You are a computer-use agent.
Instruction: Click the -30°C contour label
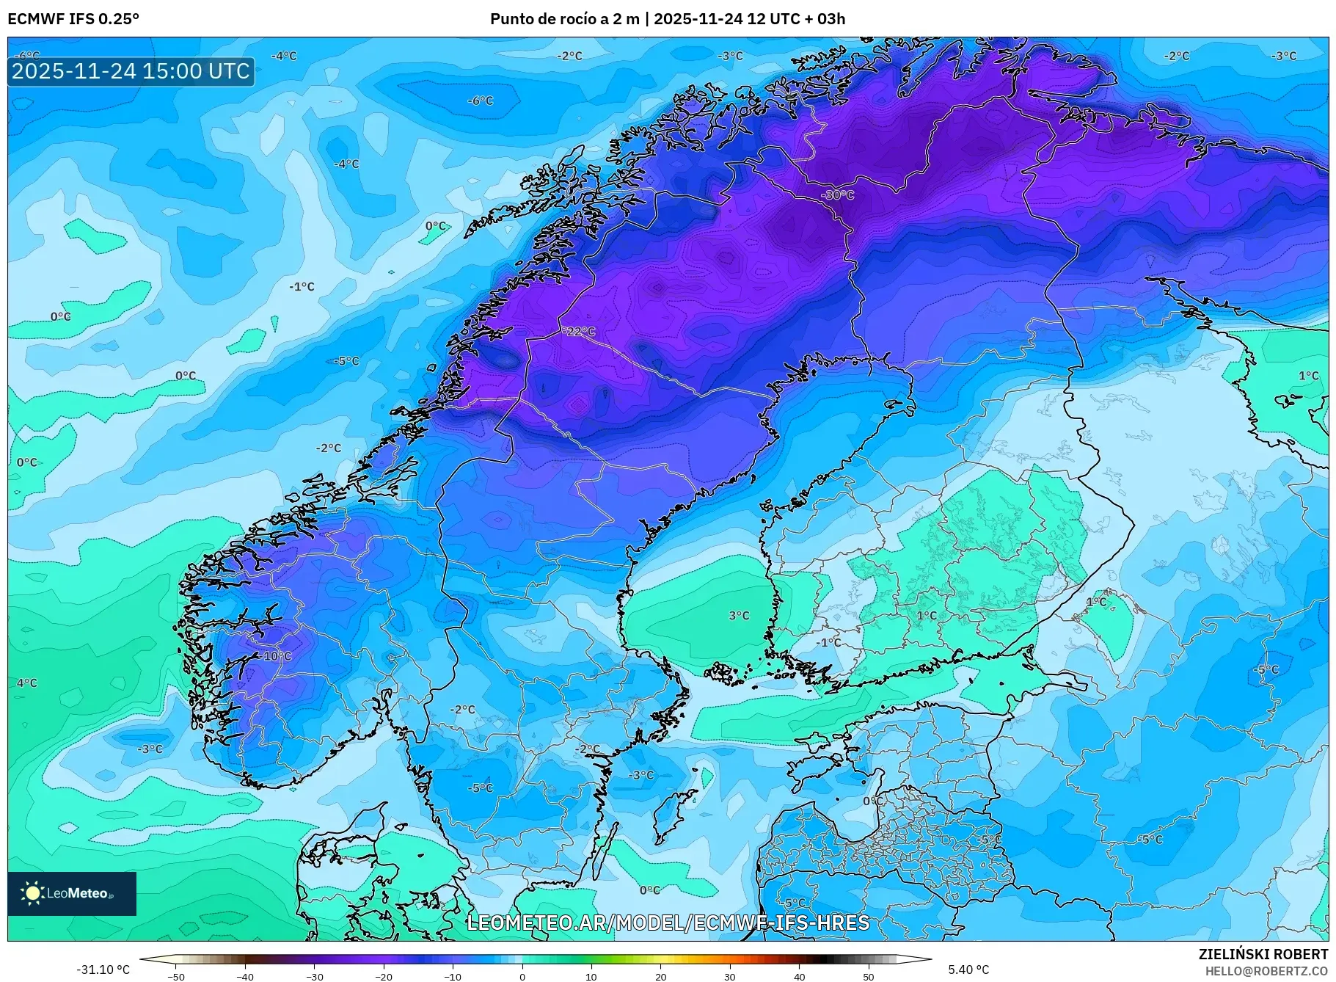[x=838, y=195]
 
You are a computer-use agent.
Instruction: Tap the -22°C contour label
[x=580, y=332]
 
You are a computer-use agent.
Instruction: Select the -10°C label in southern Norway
[x=276, y=656]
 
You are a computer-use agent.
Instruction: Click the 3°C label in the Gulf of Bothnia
[x=739, y=616]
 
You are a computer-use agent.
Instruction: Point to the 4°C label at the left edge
[x=27, y=683]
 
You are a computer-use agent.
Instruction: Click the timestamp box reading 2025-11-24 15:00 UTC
[x=131, y=71]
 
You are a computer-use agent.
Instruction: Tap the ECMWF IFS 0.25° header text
[x=73, y=19]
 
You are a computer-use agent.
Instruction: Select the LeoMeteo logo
[x=72, y=893]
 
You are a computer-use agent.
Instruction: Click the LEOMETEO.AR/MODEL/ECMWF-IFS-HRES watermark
[x=668, y=923]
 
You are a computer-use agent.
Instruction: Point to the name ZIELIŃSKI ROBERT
[x=1263, y=954]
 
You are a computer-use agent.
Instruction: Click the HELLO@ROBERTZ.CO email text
[x=1266, y=971]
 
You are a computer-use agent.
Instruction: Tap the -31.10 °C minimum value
[x=103, y=970]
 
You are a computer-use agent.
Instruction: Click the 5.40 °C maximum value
[x=968, y=970]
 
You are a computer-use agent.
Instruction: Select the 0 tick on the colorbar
[x=522, y=976]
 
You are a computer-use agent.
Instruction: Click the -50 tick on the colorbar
[x=175, y=976]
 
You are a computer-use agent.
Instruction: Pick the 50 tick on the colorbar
[x=869, y=976]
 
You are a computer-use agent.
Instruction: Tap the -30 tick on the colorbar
[x=314, y=976]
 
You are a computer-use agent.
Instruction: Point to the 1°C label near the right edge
[x=1308, y=376]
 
